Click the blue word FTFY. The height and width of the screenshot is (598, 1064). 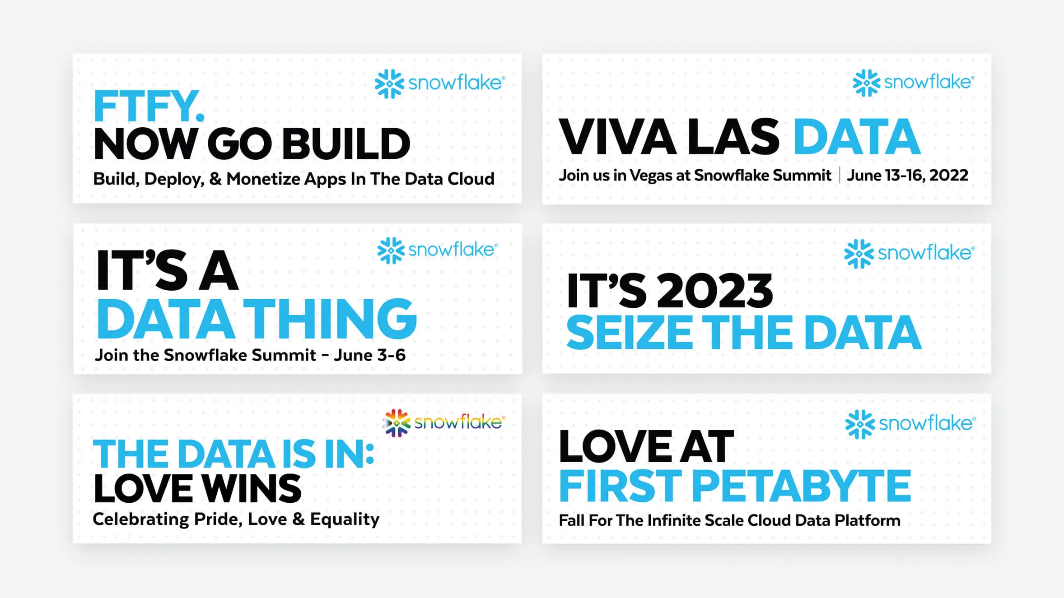click(149, 106)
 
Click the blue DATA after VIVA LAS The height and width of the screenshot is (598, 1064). click(857, 137)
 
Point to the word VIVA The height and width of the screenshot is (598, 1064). click(617, 137)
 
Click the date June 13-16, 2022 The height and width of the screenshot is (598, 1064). click(907, 175)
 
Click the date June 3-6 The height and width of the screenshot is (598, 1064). click(369, 355)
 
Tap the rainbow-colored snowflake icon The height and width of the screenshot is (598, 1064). click(397, 423)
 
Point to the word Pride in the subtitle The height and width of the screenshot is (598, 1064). click(215, 519)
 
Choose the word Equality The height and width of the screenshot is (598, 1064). click(345, 519)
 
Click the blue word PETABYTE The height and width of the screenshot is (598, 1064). click(801, 486)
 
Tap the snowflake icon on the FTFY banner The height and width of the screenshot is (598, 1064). click(389, 83)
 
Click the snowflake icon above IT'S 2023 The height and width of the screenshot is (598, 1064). click(859, 254)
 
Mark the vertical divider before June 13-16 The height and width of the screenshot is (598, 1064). click(840, 175)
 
